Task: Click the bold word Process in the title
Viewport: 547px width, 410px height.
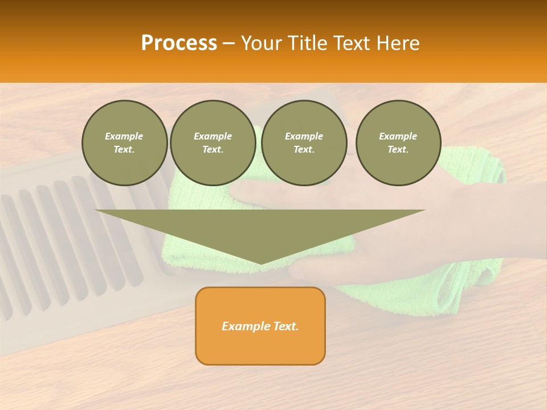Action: [x=179, y=43]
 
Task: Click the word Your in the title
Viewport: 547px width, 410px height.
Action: [x=261, y=43]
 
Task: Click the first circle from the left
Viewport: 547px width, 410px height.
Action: [x=124, y=143]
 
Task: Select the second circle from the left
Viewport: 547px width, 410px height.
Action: [x=213, y=143]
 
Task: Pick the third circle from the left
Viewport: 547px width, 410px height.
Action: [x=304, y=143]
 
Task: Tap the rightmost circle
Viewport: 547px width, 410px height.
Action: [x=398, y=143]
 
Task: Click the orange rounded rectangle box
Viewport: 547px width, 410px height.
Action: [x=260, y=342]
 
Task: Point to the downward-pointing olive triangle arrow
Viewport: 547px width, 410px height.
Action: [x=260, y=228]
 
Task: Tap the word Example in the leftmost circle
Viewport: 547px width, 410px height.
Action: [x=124, y=136]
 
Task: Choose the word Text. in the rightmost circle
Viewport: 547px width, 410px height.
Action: [x=398, y=150]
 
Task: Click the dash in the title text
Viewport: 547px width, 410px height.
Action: [x=229, y=43]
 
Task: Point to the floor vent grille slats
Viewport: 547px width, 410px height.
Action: [x=57, y=245]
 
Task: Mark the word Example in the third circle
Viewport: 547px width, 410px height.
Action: [x=304, y=136]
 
